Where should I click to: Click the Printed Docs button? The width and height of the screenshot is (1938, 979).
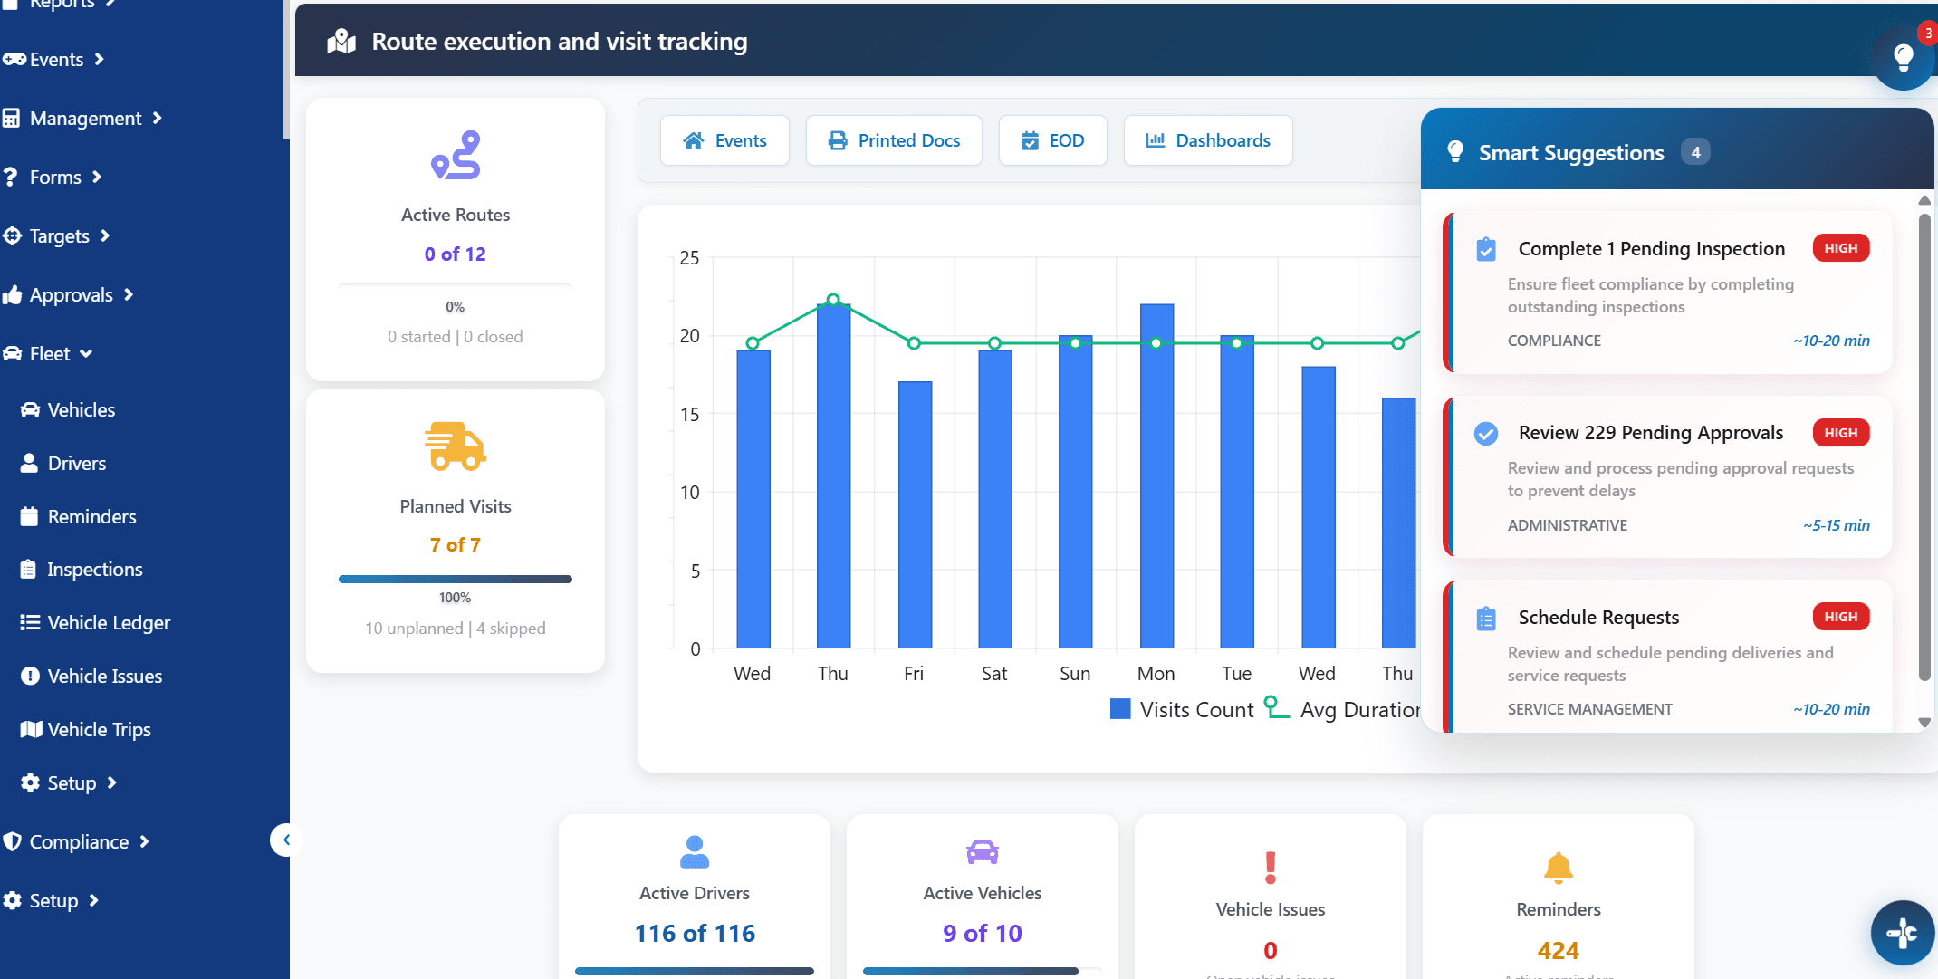(894, 140)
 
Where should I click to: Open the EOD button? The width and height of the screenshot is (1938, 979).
(1052, 140)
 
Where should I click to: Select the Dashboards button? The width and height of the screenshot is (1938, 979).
(1207, 140)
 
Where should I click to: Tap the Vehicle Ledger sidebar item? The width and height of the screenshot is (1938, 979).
(108, 622)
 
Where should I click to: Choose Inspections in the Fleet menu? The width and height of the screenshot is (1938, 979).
(94, 569)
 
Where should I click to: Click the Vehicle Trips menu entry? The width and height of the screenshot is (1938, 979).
(99, 729)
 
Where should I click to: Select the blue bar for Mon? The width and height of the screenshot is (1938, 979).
(1156, 475)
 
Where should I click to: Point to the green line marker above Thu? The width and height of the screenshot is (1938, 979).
(833, 300)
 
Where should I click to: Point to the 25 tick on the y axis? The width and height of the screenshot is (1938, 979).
(689, 258)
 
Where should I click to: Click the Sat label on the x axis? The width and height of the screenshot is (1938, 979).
(994, 673)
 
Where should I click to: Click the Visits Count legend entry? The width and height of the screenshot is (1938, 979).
(1182, 709)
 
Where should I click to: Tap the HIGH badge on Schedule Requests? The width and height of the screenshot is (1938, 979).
(1840, 617)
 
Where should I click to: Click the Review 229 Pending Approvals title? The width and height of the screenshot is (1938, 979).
(1650, 433)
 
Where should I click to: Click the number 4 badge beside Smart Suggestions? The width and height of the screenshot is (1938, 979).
(1695, 152)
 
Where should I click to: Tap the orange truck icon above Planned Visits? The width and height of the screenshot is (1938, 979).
(455, 446)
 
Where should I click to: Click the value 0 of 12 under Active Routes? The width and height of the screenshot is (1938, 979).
(455, 254)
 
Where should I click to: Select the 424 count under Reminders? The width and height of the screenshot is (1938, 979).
(1558, 950)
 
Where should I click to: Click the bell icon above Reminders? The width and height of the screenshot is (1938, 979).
(1558, 868)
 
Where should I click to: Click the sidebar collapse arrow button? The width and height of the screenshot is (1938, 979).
(286, 840)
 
